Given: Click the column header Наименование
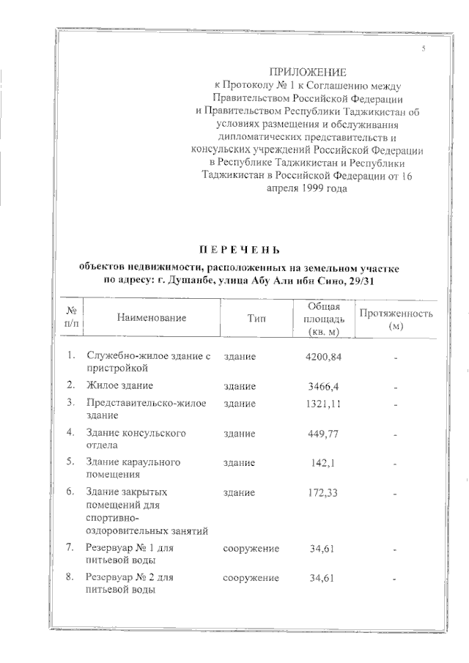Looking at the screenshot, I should point(150,318).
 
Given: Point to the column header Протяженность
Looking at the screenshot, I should point(395,314).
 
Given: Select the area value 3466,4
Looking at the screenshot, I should point(321,385).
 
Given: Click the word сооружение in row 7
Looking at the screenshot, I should point(251,547).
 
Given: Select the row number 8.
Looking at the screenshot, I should point(70,577).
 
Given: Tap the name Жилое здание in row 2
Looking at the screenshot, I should point(119,385).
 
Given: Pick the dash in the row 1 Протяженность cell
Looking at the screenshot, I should point(395,358).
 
